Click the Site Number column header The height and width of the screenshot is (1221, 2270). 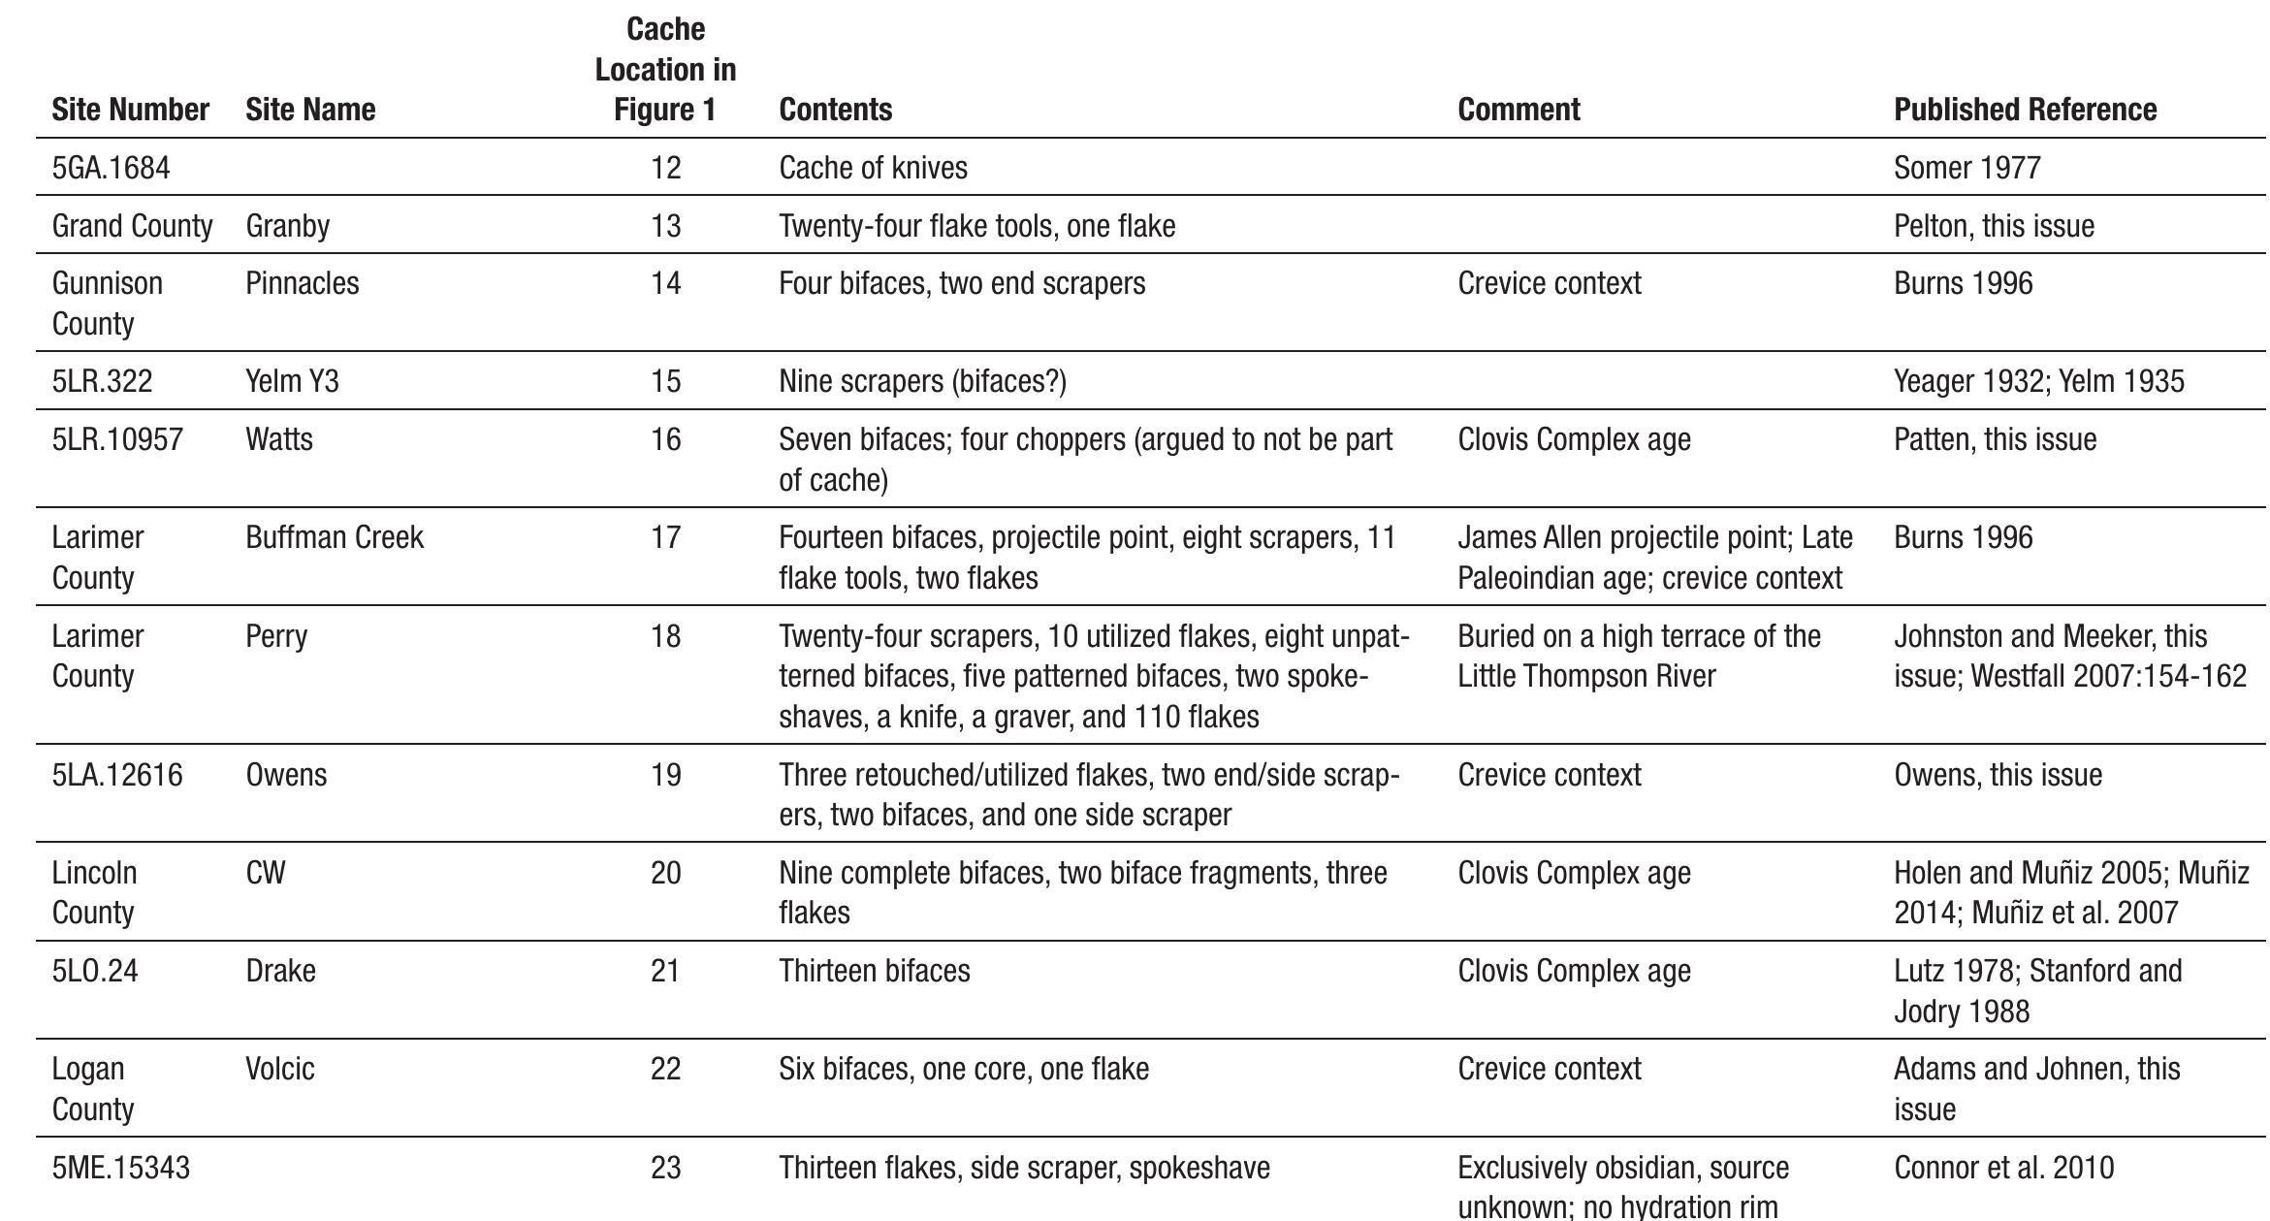pos(130,110)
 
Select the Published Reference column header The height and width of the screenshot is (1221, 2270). pos(2025,110)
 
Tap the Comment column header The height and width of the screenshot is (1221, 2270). pos(1519,110)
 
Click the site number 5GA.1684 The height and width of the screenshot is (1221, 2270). pos(111,168)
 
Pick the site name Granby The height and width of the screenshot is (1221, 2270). pos(287,226)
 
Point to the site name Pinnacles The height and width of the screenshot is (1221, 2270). pos(302,283)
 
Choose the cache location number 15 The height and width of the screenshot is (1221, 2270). pos(665,381)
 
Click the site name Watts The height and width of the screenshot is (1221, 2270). pos(278,439)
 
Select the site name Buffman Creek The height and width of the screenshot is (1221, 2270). pos(334,537)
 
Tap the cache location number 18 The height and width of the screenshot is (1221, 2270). pos(665,636)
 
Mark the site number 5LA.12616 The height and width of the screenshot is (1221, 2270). pos(116,775)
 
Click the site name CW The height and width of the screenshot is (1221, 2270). pos(265,873)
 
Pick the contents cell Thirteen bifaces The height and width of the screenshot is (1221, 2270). pos(874,971)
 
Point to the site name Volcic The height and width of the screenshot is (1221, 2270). pos(279,1069)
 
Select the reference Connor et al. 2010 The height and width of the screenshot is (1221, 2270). pos(2003,1168)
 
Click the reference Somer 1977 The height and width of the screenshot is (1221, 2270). pos(1966,168)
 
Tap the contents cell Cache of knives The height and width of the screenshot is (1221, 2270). pos(873,168)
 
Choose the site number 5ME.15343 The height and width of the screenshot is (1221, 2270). pos(120,1168)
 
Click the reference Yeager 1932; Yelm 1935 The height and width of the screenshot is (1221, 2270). pos(2038,381)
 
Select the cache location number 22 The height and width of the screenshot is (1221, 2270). pos(665,1069)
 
